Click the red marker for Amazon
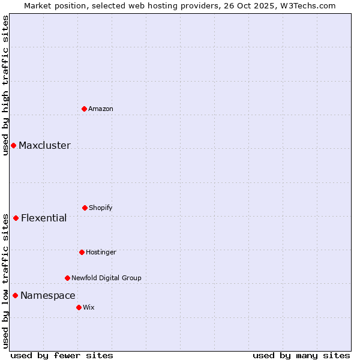85,109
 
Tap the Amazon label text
101,109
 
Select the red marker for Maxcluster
13,145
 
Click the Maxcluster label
44,146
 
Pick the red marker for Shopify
85,208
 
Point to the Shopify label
101,208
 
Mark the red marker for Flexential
16,218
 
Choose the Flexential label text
44,218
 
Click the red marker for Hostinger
82,252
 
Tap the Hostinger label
101,252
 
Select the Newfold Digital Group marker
67,278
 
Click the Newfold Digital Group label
106,278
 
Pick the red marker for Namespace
15,295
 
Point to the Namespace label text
48,296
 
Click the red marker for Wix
79,307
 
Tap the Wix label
89,307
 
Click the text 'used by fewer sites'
62,355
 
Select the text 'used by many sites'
301,355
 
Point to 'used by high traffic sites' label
5,85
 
